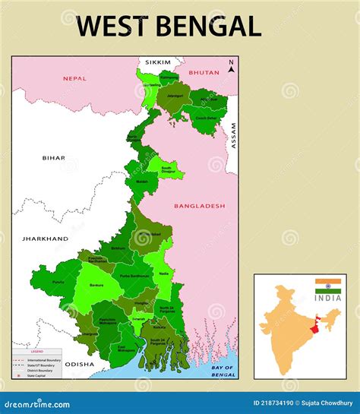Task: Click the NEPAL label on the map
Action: (75, 77)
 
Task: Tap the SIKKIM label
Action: (155, 62)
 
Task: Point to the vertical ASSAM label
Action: (234, 134)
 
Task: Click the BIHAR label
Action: (53, 158)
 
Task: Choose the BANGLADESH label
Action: (199, 206)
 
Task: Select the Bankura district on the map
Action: (97, 286)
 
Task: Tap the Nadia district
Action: (164, 272)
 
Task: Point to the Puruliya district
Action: (58, 280)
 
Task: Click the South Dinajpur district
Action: (169, 171)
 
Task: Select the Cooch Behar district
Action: (205, 118)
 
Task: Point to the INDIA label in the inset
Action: (328, 298)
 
